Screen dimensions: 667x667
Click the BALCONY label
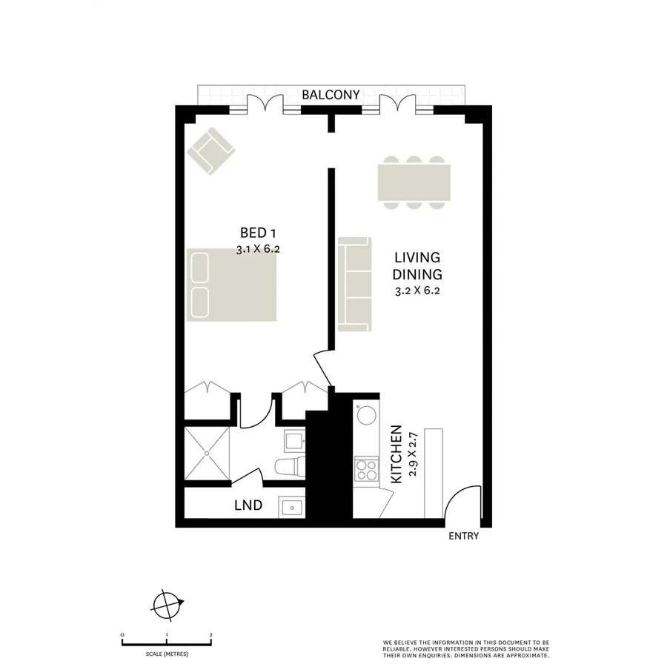pos(331,95)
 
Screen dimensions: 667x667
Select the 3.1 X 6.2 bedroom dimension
pos(257,250)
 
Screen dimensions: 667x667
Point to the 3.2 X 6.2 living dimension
pos(417,291)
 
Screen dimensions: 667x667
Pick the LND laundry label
pos(248,506)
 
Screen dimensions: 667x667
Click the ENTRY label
pos(464,537)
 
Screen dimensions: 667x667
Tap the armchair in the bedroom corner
pos(210,150)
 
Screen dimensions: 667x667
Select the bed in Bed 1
pos(232,284)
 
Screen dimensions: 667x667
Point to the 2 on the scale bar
pos(211,635)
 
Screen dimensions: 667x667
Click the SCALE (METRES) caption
pos(167,654)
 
